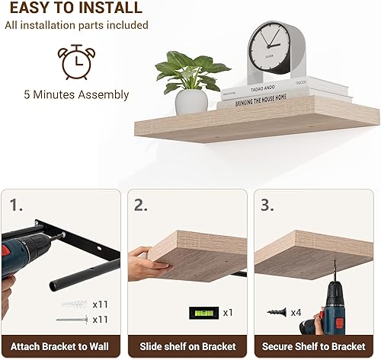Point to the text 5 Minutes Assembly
(x=75, y=95)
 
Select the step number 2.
(x=140, y=204)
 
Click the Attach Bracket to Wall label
(x=59, y=346)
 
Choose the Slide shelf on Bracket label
(x=187, y=346)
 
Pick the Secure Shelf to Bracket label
(x=314, y=346)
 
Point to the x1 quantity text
(x=229, y=312)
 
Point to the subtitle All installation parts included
(x=75, y=26)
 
